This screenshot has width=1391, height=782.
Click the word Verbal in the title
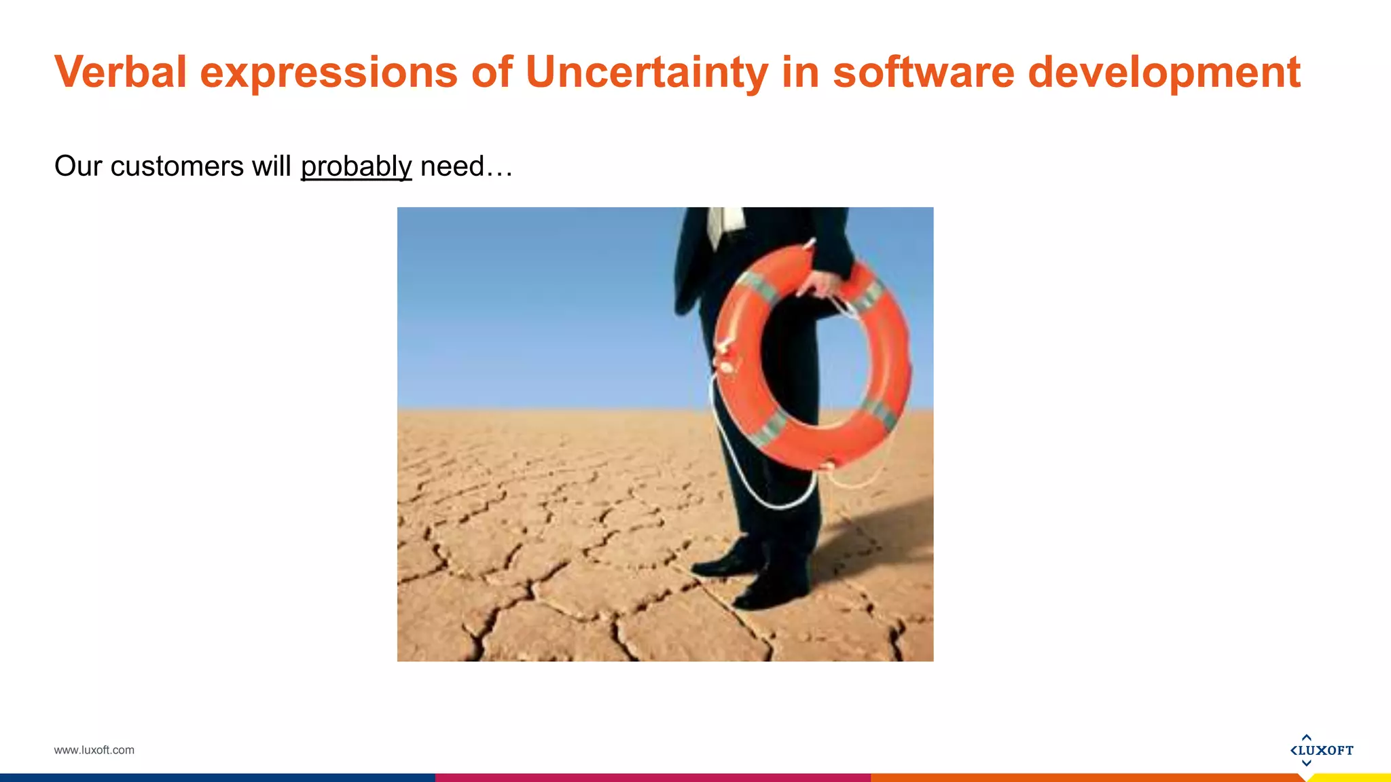click(x=120, y=71)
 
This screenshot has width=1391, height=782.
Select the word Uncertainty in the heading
click(x=646, y=71)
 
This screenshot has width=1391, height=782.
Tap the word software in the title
click(x=923, y=71)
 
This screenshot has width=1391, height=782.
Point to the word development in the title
click(x=1164, y=71)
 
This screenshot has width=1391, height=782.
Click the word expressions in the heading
click(x=329, y=71)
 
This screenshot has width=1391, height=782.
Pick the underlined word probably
click(x=356, y=166)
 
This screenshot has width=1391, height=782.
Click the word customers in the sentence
click(x=177, y=166)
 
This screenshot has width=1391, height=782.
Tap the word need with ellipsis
click(x=466, y=166)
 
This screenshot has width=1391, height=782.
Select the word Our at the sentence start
click(x=78, y=166)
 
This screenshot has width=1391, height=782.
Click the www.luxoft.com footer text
click(x=94, y=750)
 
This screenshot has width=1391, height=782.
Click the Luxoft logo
click(x=1321, y=750)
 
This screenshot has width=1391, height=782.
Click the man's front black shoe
click(x=771, y=594)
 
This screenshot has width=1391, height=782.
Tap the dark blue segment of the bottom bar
click(x=217, y=778)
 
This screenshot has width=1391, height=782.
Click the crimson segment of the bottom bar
click(x=652, y=778)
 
